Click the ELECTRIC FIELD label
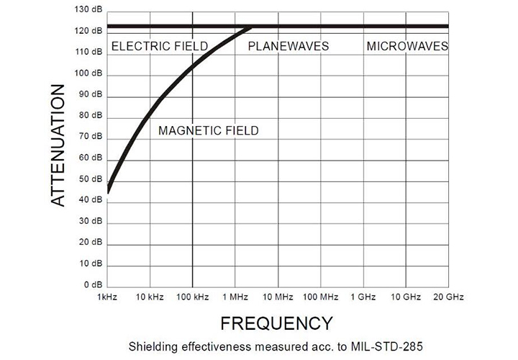pyautogui.click(x=159, y=46)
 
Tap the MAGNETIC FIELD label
pyautogui.click(x=208, y=130)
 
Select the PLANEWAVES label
pyautogui.click(x=288, y=46)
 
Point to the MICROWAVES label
pyautogui.click(x=407, y=46)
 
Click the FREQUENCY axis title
pyautogui.click(x=276, y=322)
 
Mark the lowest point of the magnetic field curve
pyautogui.click(x=107, y=192)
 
